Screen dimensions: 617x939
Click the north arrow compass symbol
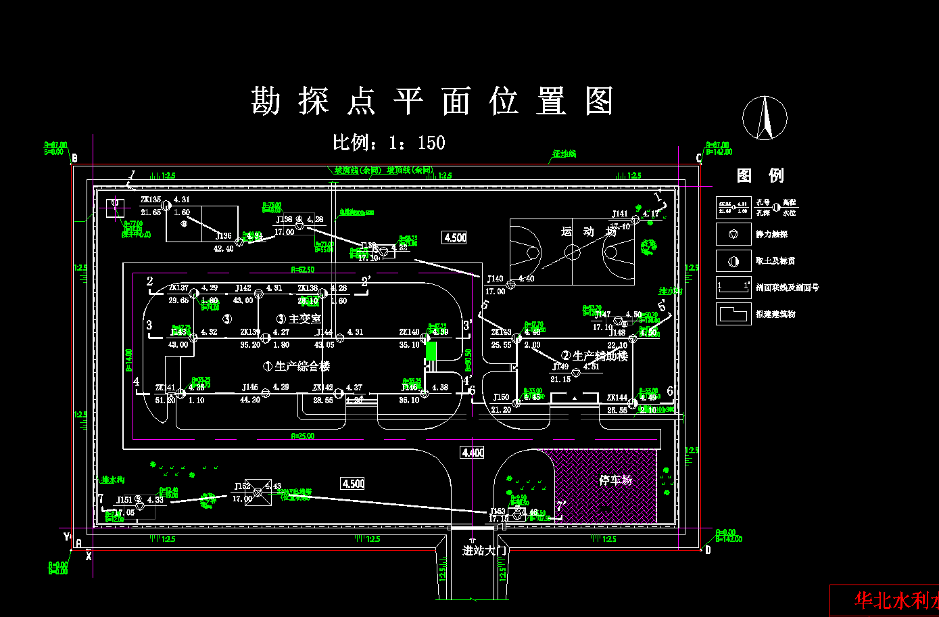point(765,117)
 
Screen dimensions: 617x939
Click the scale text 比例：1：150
point(389,143)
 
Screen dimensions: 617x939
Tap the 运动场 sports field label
point(588,232)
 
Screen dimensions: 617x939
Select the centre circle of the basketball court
point(572,253)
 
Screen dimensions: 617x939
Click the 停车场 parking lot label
point(615,480)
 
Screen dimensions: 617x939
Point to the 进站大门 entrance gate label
point(484,551)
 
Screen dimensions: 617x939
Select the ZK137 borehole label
point(178,288)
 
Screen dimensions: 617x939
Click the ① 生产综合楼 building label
point(297,366)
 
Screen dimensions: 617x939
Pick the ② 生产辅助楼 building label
point(594,356)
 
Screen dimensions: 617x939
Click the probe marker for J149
point(576,373)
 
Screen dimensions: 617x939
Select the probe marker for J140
point(511,285)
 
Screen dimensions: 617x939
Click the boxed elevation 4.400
point(473,453)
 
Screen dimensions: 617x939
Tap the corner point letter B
point(74,159)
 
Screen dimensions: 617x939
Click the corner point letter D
point(708,550)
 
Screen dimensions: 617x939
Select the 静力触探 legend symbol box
point(733,234)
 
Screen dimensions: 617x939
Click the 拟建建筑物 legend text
point(775,315)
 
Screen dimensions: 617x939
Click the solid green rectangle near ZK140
point(431,352)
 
